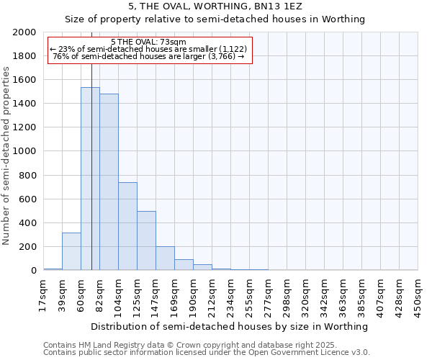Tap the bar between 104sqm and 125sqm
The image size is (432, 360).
(127, 226)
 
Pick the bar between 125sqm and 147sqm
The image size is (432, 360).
(146, 240)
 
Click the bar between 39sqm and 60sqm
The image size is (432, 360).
(71, 251)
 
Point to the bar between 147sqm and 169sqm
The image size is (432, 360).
(165, 258)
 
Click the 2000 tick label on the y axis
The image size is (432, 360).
(24, 32)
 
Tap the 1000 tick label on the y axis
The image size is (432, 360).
(24, 152)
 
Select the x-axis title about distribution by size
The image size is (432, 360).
(230, 326)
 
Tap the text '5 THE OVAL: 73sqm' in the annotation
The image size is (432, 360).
(148, 42)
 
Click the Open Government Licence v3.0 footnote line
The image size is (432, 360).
(207, 353)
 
